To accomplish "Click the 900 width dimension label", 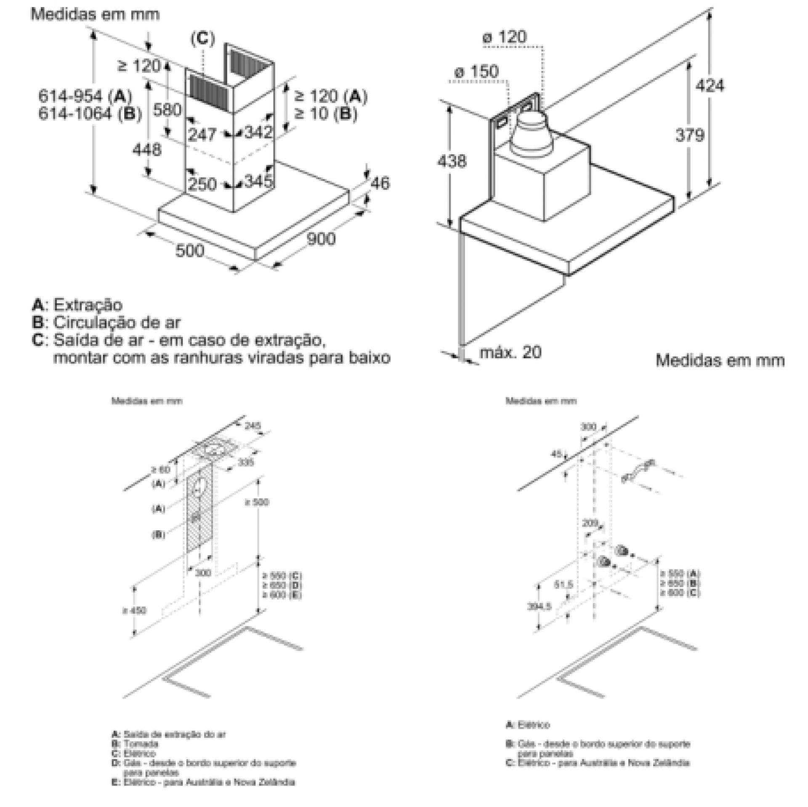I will coord(321,238).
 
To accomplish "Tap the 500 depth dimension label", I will coord(190,251).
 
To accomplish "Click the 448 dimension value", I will coord(147,149).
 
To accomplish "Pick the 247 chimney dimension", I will coord(202,135).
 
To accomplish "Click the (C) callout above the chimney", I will coord(202,39).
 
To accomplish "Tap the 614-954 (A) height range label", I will coord(85,96).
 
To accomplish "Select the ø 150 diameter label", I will coord(476,71).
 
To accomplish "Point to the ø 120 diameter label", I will coord(504,37).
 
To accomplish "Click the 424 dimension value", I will coord(710,86).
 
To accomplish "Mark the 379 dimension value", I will coord(690,135).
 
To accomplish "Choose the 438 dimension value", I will coord(452,161).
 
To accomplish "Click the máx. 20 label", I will coord(510,352).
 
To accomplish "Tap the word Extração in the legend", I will coord(88,304).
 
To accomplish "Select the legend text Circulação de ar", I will coord(117,323).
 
